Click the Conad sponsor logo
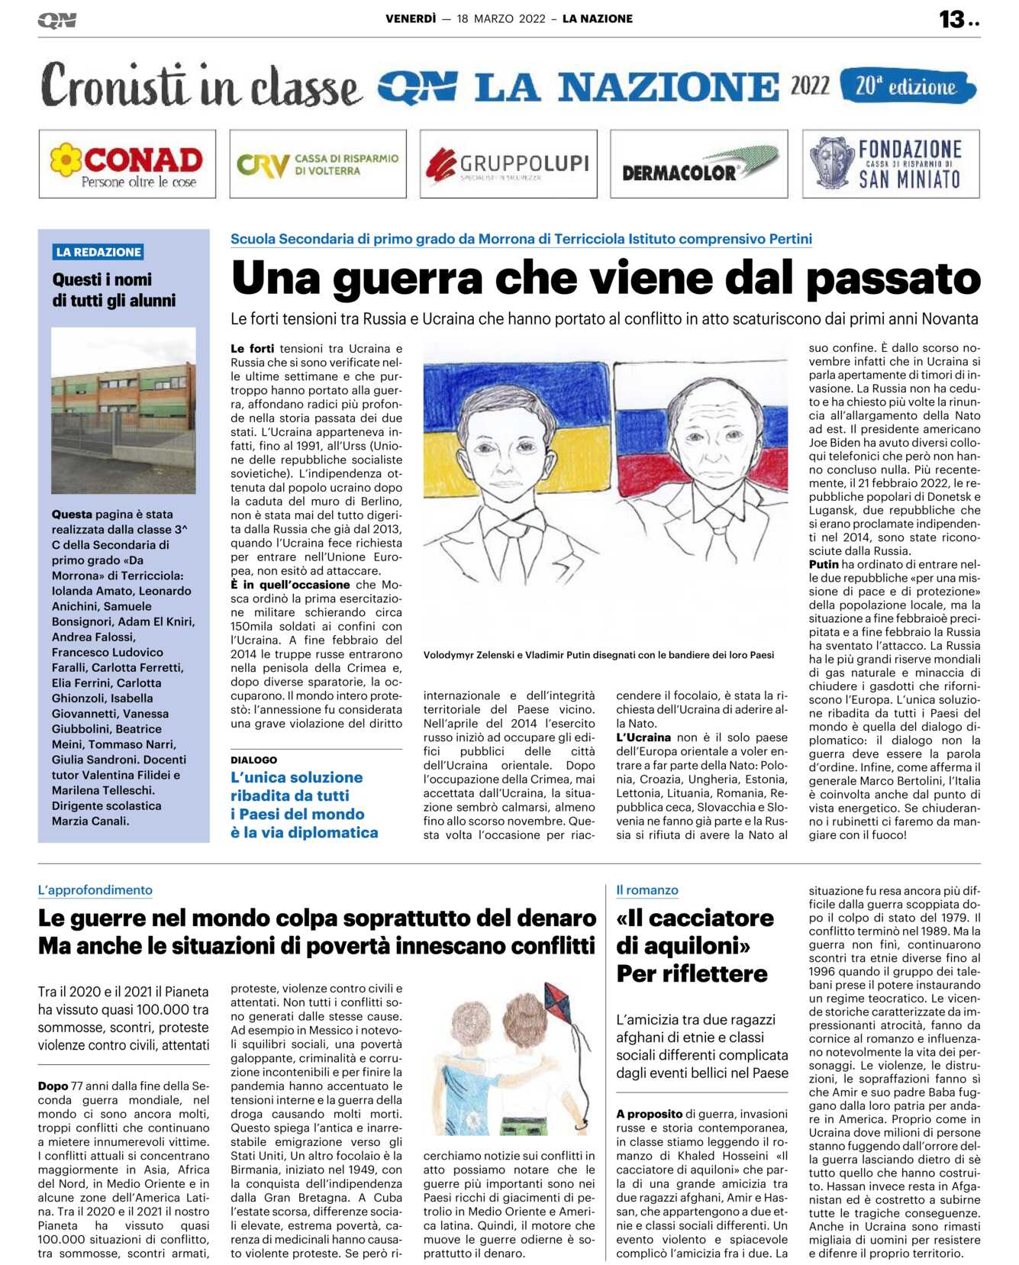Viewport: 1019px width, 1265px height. [x=127, y=164]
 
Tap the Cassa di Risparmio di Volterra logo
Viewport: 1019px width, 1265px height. [x=318, y=164]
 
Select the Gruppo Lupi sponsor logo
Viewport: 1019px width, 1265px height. [x=508, y=164]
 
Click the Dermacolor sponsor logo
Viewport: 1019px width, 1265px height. [x=698, y=164]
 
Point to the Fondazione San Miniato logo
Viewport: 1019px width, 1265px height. [x=890, y=164]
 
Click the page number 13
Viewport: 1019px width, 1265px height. [x=952, y=19]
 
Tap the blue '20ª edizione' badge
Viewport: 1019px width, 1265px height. [x=907, y=86]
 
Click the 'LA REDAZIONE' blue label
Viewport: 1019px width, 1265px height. [x=98, y=252]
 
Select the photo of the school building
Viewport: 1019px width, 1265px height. [x=124, y=411]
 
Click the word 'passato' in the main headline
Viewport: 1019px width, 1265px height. [x=893, y=279]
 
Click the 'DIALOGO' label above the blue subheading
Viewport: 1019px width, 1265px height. [x=254, y=760]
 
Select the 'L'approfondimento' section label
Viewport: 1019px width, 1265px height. [x=95, y=890]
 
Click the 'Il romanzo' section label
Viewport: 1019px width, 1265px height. [x=647, y=890]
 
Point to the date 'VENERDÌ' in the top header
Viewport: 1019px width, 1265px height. [x=411, y=19]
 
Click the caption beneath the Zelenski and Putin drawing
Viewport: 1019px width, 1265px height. [x=598, y=655]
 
